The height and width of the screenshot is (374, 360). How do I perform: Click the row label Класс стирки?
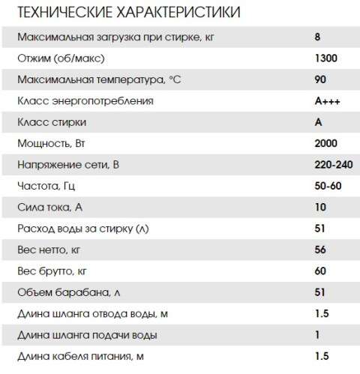(x=48, y=121)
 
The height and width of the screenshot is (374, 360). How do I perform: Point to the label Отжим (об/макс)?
(x=59, y=57)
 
